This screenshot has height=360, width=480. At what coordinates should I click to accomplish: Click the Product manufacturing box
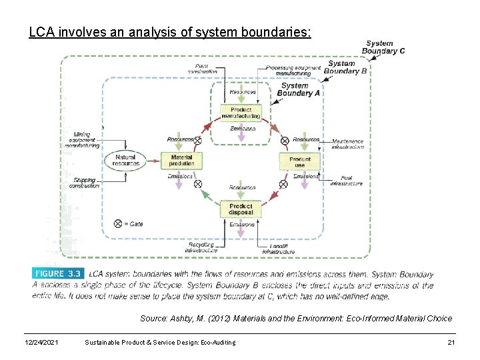(x=241, y=113)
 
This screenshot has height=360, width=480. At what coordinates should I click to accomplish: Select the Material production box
(x=181, y=160)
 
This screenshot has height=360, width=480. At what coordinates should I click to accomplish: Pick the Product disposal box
(x=241, y=209)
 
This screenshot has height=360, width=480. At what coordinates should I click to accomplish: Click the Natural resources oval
(x=126, y=160)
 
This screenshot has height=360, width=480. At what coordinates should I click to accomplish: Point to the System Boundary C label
(x=383, y=47)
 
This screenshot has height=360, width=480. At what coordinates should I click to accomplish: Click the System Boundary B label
(x=345, y=67)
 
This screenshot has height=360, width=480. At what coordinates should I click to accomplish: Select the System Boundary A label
(x=297, y=89)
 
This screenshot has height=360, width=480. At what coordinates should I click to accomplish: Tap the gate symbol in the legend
(x=118, y=224)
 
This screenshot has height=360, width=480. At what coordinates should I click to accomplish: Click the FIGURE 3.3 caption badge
(x=58, y=274)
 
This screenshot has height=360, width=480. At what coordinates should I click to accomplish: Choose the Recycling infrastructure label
(x=201, y=249)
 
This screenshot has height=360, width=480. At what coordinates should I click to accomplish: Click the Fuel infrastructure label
(x=347, y=180)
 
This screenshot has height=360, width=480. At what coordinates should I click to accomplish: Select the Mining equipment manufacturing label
(x=85, y=140)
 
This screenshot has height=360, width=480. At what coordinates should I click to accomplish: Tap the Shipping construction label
(x=84, y=182)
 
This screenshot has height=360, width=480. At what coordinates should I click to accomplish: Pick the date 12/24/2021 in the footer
(x=41, y=343)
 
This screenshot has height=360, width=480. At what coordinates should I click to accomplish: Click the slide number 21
(x=451, y=343)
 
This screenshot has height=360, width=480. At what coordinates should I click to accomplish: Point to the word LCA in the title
(x=41, y=32)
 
